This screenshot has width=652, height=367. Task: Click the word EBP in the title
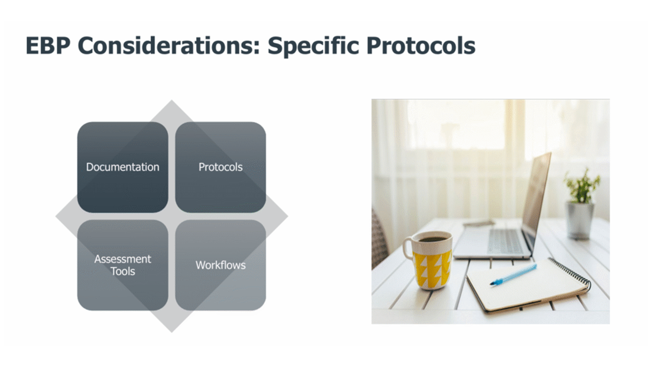click(x=48, y=45)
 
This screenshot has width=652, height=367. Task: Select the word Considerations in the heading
click(x=169, y=45)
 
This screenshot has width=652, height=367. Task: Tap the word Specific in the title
click(x=313, y=46)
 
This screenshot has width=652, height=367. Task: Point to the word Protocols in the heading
click(x=421, y=45)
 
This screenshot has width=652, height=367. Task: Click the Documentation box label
click(x=123, y=167)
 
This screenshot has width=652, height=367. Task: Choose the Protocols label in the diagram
click(x=221, y=167)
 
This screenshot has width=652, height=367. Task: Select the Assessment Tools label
click(x=123, y=265)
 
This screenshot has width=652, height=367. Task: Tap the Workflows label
click(x=221, y=265)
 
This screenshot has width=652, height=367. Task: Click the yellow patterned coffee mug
click(x=428, y=260)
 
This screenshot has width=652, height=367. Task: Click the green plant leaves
click(x=581, y=187)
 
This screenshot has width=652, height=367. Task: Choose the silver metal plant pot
click(x=580, y=220)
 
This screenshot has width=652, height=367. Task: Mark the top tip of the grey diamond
click(x=172, y=100)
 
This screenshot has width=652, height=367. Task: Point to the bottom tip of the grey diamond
click(x=172, y=332)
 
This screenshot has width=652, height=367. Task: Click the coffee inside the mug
click(x=432, y=240)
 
